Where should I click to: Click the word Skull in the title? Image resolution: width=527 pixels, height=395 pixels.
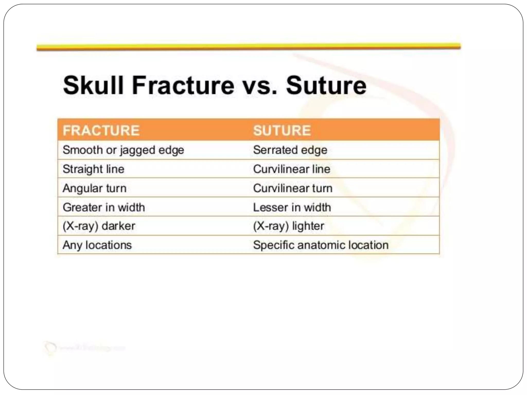coord(93,85)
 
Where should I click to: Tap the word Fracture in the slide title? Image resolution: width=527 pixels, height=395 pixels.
coord(183,85)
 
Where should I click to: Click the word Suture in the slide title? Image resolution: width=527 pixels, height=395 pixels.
coord(326,85)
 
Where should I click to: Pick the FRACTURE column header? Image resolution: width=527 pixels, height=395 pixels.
coord(101,130)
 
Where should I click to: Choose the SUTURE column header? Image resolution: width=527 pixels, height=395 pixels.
coord(282,130)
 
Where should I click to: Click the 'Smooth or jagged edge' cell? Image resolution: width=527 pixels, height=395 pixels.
coord(123,150)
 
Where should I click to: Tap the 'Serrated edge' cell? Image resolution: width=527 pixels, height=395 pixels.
coord(290,150)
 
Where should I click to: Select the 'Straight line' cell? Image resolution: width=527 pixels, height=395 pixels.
coord(93,169)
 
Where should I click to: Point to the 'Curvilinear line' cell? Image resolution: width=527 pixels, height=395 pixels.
coord(292,169)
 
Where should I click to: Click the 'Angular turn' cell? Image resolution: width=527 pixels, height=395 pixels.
coord(94,188)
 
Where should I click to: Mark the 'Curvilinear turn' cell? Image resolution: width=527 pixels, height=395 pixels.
coord(293,188)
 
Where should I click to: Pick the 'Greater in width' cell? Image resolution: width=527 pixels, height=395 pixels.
coord(104,207)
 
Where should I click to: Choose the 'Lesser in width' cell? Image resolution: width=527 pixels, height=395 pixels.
coord(292,207)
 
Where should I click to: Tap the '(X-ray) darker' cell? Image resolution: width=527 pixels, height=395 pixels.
coord(99,226)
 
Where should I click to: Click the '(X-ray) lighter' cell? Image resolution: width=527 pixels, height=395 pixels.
coord(288,226)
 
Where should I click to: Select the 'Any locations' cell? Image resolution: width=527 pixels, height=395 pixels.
coord(97,245)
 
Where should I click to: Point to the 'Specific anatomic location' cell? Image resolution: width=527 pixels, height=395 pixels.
coord(321,245)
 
